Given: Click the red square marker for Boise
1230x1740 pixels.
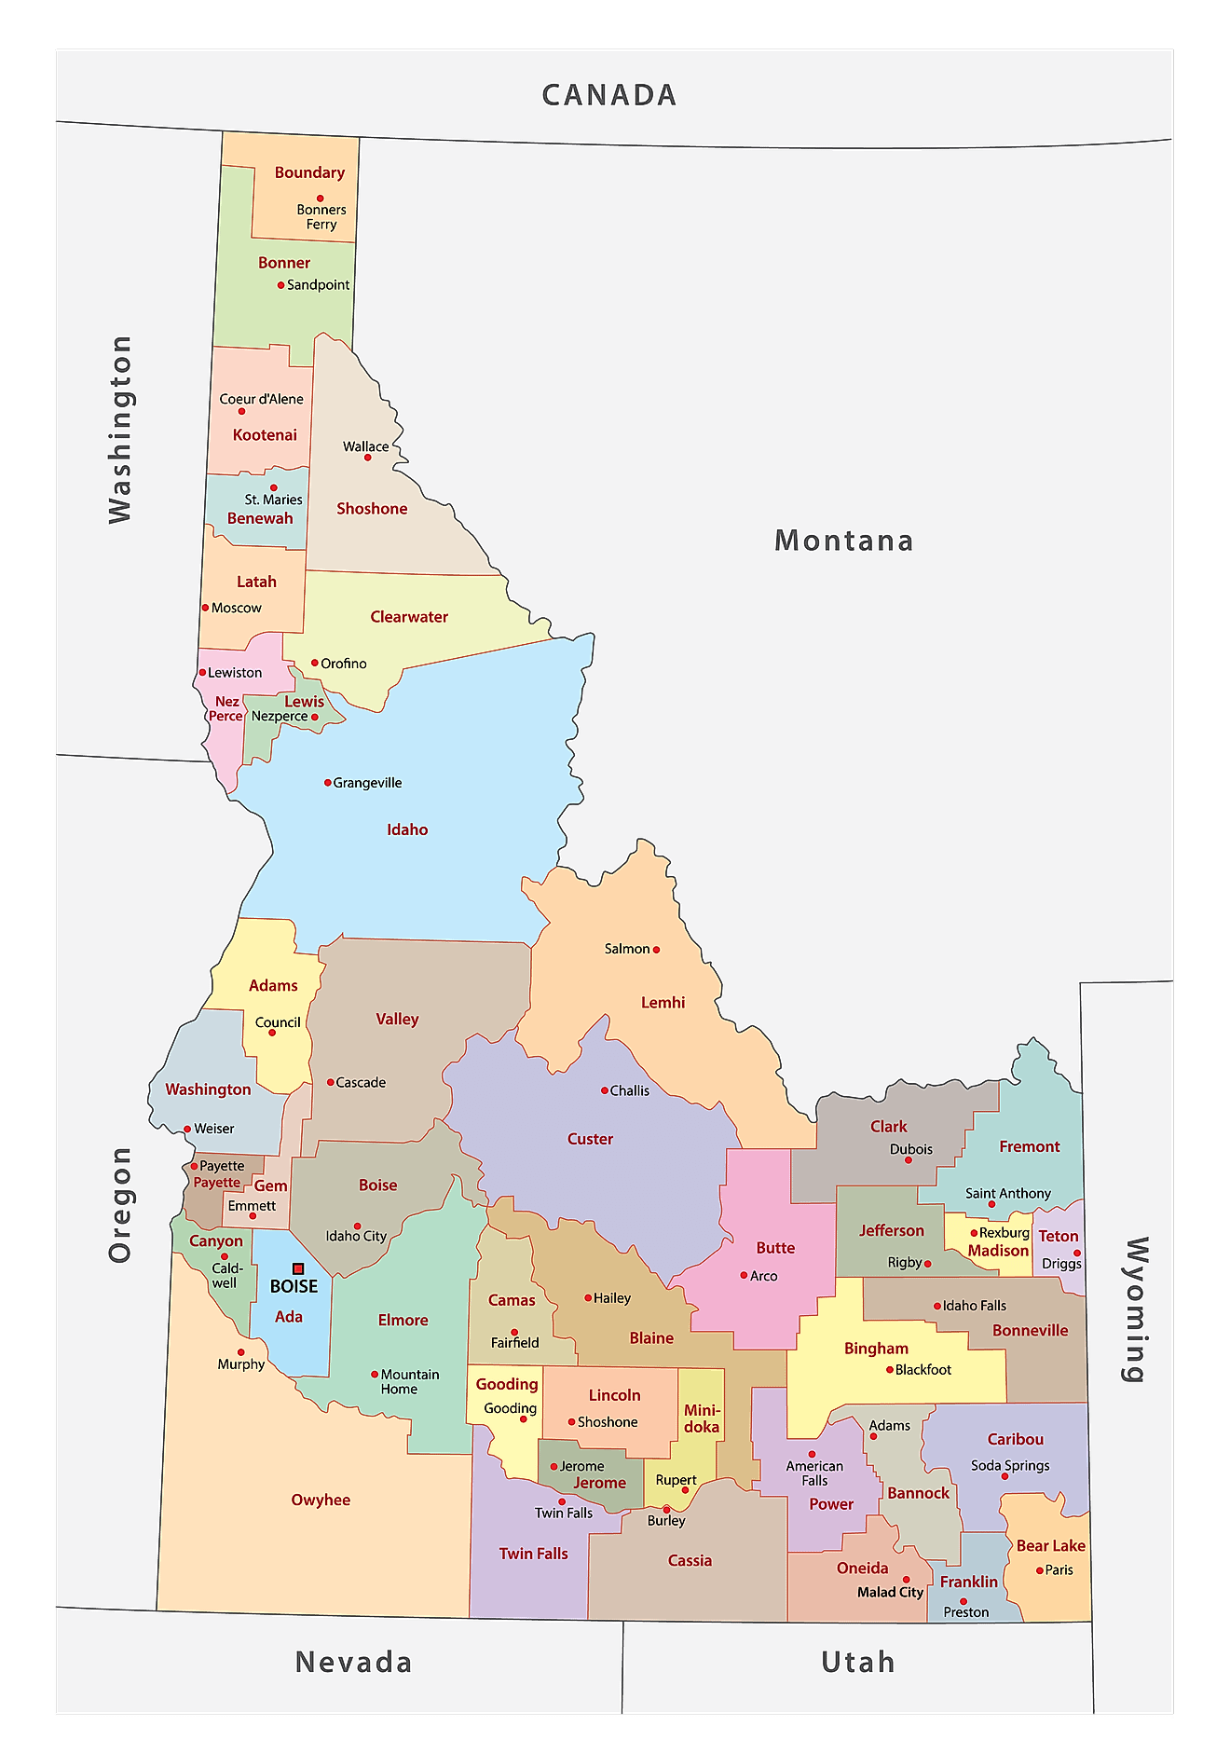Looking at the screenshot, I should tap(298, 1268).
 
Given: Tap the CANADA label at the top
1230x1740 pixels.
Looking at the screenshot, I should tap(608, 95).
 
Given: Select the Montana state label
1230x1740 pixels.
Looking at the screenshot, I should tap(843, 541).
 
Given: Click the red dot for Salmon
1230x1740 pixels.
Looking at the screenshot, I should tap(656, 950).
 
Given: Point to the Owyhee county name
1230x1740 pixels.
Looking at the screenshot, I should tap(321, 1500).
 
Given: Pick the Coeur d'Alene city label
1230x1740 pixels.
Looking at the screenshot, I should tap(261, 399).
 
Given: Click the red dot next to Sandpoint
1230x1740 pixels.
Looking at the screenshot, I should tap(280, 285).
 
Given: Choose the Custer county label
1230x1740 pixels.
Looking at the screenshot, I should tap(590, 1139).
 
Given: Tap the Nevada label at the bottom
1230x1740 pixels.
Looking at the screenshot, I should tap(353, 1662).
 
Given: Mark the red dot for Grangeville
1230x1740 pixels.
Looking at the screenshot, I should tap(327, 783).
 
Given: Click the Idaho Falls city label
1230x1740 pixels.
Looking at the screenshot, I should tap(974, 1306).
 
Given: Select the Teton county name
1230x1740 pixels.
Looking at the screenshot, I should tap(1058, 1236).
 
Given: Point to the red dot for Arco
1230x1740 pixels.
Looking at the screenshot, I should tap(744, 1275).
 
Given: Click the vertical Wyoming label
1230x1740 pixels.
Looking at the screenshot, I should tap(1134, 1309).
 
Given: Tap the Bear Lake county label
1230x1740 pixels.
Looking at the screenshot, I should tap(1050, 1545).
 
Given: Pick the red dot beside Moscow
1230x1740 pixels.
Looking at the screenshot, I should tap(206, 608).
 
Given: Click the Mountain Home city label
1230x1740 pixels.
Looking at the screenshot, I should tap(409, 1381).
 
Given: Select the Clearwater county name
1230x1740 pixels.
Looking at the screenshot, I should tap(409, 617).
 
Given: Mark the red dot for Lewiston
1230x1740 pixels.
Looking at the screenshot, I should tap(202, 672).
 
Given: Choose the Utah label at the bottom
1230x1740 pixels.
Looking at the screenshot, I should tap(857, 1662).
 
